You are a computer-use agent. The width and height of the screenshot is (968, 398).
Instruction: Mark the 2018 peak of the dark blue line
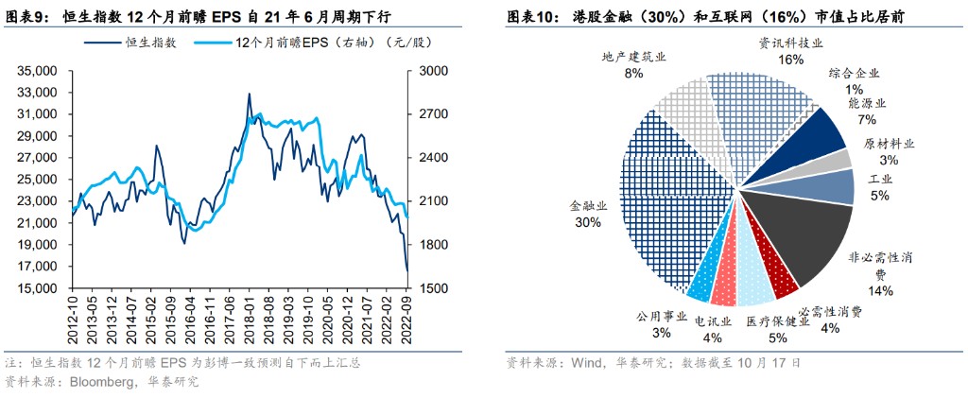tap(249, 95)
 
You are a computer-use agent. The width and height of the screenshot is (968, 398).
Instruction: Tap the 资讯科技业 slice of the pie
tap(756, 113)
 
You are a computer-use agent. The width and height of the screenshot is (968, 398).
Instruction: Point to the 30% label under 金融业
tap(585, 222)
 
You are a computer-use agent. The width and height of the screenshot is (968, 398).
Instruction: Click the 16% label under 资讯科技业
tap(791, 60)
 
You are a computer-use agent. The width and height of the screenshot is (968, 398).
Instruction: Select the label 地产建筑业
tap(634, 57)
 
